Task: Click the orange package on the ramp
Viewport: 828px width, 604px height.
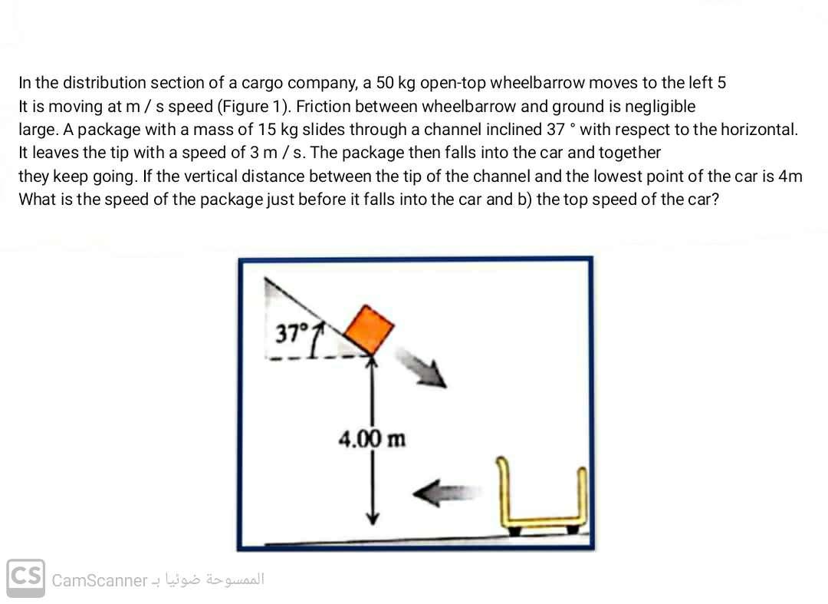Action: tap(369, 328)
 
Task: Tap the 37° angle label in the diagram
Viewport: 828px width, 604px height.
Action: tap(291, 333)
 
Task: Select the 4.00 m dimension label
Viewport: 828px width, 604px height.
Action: tap(373, 438)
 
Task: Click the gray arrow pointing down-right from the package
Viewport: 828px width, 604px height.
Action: tap(422, 368)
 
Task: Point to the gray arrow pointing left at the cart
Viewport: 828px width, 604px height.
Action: tap(447, 492)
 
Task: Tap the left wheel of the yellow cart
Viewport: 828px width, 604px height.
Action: tap(515, 530)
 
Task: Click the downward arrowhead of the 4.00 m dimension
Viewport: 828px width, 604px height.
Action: tap(373, 517)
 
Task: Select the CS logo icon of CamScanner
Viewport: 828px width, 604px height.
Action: tap(25, 578)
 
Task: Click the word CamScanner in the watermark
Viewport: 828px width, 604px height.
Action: tap(99, 580)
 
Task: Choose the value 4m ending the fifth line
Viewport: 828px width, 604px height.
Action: tap(790, 176)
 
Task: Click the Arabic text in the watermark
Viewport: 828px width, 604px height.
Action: tap(215, 579)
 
